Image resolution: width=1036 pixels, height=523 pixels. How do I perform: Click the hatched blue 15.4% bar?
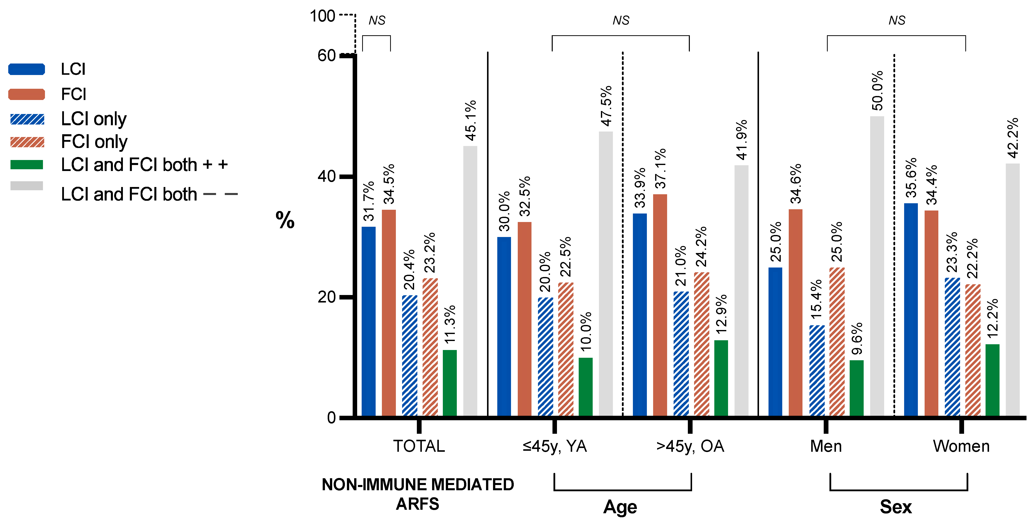[817, 370]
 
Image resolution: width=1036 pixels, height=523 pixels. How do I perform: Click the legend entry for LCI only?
[93, 119]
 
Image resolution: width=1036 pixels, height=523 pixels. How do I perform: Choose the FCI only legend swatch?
[27, 142]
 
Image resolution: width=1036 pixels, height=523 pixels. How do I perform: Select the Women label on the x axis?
[961, 446]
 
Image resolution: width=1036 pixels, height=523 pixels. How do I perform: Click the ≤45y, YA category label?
[555, 446]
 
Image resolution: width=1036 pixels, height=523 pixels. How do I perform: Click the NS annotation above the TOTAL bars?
[377, 20]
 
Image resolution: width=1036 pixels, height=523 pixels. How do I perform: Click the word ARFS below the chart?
[417, 504]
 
